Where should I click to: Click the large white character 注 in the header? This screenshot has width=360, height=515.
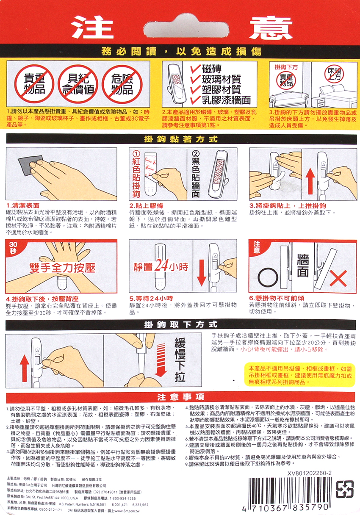pyautogui.click(x=92, y=27)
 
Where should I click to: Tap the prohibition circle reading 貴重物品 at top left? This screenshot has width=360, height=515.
pyautogui.click(x=34, y=84)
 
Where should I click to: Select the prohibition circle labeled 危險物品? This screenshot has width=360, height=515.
pyautogui.click(x=122, y=84)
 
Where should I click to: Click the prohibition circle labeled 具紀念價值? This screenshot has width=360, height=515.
pyautogui.click(x=78, y=84)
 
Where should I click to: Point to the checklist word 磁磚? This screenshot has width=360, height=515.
pyautogui.click(x=212, y=69)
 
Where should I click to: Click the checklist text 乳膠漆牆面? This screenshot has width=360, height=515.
pyautogui.click(x=226, y=100)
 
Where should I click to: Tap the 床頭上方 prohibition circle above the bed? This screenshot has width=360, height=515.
pyautogui.click(x=334, y=74)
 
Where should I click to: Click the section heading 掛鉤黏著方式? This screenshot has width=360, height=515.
pyautogui.click(x=181, y=139)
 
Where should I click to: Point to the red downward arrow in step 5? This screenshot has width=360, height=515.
pyautogui.click(x=202, y=273)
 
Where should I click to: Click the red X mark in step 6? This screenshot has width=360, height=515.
pyautogui.click(x=338, y=278)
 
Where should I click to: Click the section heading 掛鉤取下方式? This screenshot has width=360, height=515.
pyautogui.click(x=181, y=325)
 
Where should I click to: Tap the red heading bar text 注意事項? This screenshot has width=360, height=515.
pyautogui.click(x=181, y=396)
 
